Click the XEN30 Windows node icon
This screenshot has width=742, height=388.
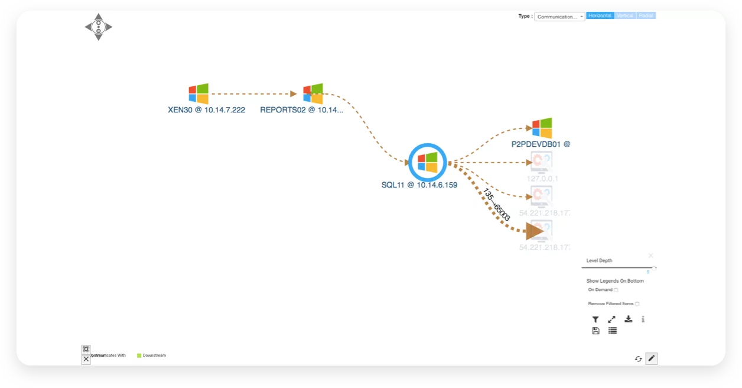(x=198, y=94)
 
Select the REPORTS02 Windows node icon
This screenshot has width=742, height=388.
(x=313, y=93)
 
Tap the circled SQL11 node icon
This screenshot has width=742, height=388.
(x=427, y=162)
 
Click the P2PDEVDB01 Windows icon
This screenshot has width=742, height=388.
(x=541, y=128)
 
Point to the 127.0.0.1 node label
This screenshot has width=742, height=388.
(x=542, y=178)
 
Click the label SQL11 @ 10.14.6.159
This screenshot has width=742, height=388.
(x=419, y=185)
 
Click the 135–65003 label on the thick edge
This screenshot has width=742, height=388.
(x=497, y=205)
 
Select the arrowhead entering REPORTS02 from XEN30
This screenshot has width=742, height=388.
(x=293, y=93)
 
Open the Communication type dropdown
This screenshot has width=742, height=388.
(x=559, y=17)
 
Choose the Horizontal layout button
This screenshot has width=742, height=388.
(x=600, y=16)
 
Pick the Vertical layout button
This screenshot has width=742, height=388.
(x=625, y=16)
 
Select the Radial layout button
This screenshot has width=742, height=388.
(x=646, y=16)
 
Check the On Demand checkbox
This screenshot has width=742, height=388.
(x=616, y=290)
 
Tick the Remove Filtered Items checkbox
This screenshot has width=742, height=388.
(x=637, y=303)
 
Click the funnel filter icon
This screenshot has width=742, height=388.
(x=595, y=319)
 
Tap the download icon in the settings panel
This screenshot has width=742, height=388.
(x=629, y=319)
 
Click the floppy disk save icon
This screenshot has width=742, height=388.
(x=595, y=331)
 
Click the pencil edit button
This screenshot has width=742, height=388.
(x=651, y=358)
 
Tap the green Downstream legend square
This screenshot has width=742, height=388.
(x=139, y=355)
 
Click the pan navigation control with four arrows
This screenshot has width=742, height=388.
(x=98, y=27)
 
